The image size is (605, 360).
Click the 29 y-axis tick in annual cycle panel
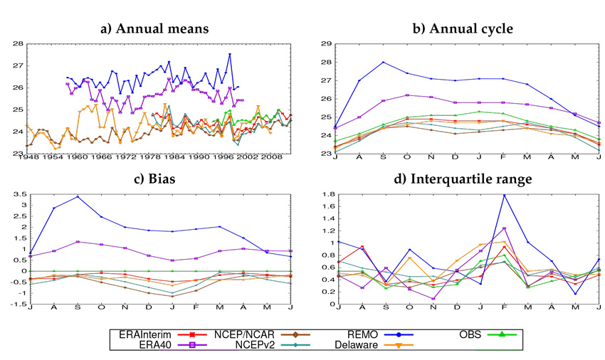click(x=327, y=44)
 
